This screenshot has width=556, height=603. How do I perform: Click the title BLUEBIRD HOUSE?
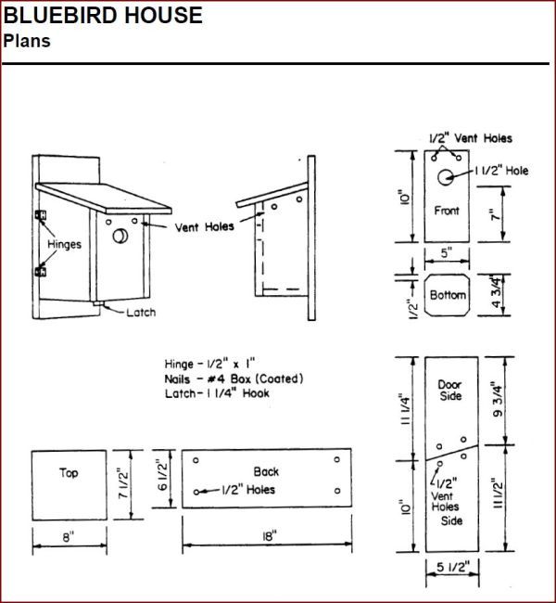(x=103, y=15)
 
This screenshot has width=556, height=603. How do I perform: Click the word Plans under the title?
(x=27, y=41)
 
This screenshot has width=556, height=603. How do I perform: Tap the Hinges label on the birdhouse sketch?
(x=64, y=244)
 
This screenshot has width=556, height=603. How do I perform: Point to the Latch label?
(x=141, y=313)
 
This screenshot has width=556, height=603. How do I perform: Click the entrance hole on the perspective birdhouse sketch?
(x=120, y=236)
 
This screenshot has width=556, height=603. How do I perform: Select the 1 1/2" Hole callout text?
(x=501, y=171)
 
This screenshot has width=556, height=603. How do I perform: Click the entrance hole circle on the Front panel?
(x=446, y=177)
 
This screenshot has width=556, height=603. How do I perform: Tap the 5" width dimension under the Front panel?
(x=446, y=253)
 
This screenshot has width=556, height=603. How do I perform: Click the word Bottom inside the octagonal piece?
(x=448, y=295)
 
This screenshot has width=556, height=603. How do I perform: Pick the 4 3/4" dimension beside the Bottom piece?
(x=496, y=291)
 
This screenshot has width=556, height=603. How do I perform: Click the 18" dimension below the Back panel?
(x=269, y=535)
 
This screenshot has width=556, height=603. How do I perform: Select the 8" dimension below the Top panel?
(x=68, y=537)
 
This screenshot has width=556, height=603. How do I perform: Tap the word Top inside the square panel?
(x=69, y=472)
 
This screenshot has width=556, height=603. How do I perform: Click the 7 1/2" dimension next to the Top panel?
(x=123, y=483)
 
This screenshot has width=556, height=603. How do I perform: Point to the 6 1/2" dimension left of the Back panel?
(x=162, y=476)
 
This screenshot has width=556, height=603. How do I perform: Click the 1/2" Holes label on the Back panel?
(x=248, y=490)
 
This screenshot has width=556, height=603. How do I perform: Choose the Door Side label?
(x=450, y=390)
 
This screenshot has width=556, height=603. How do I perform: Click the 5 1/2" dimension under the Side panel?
(x=453, y=567)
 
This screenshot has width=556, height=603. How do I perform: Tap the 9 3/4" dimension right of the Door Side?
(x=498, y=400)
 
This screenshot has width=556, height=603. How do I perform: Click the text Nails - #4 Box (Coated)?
(x=234, y=378)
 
